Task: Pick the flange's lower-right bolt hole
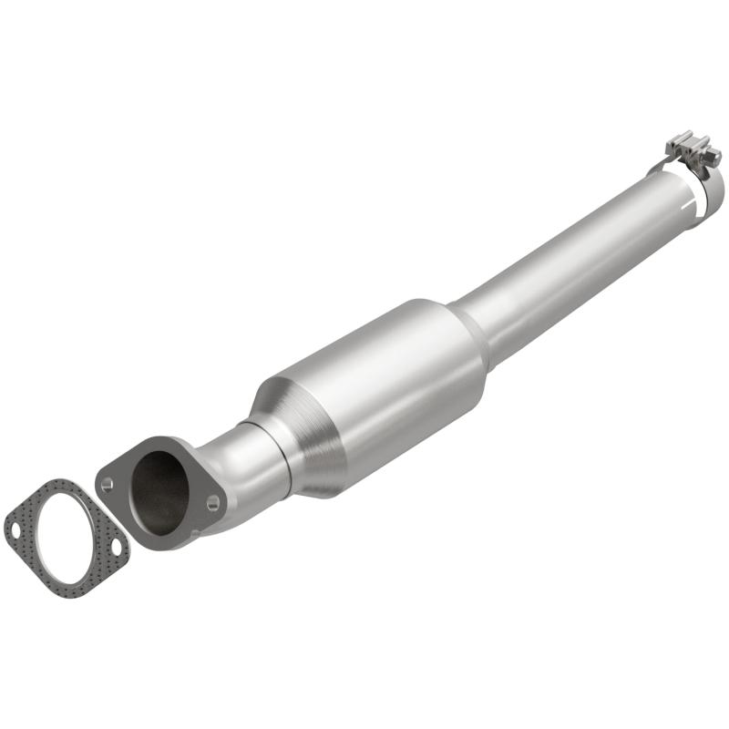point(212,501)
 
